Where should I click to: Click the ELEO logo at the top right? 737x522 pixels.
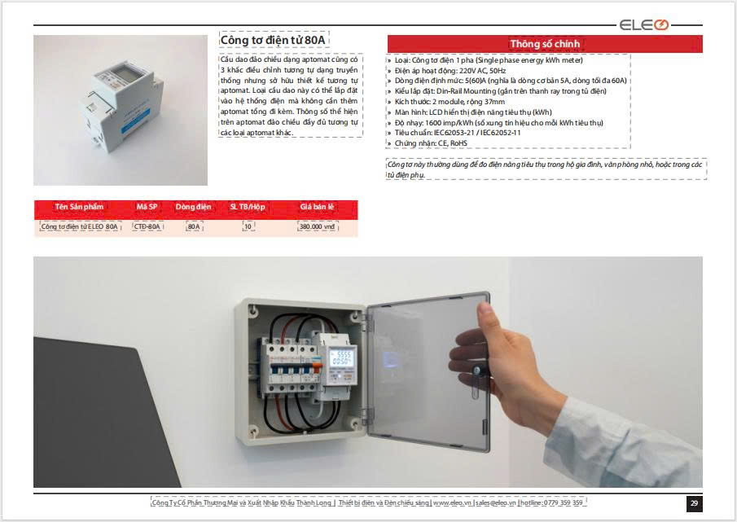pyautogui.click(x=643, y=24)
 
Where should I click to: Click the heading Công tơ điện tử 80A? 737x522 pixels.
pyautogui.click(x=273, y=40)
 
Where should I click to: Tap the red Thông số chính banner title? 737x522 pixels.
pyautogui.click(x=545, y=44)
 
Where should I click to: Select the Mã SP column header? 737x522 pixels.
pyautogui.click(x=147, y=207)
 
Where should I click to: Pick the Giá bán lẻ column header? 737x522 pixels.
pyautogui.click(x=317, y=207)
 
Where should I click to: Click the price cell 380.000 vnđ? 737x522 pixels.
pyautogui.click(x=318, y=226)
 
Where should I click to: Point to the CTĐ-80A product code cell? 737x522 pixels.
pyautogui.click(x=147, y=226)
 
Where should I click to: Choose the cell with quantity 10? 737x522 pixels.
pyautogui.click(x=248, y=226)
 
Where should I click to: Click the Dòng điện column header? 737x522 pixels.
pyautogui.click(x=193, y=207)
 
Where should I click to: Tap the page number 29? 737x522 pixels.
pyautogui.click(x=694, y=502)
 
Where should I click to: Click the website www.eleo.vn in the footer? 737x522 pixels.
pyautogui.click(x=452, y=502)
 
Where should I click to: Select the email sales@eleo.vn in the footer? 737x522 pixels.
pyautogui.click(x=495, y=502)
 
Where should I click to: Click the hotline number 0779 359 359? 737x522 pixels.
pyautogui.click(x=563, y=502)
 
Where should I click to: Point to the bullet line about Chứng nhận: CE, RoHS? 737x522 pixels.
pyautogui.click(x=428, y=143)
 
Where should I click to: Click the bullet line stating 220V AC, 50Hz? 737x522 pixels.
pyautogui.click(x=446, y=71)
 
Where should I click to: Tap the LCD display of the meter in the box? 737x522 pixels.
pyautogui.click(x=341, y=358)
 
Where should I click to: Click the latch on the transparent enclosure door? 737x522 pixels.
pyautogui.click(x=476, y=380)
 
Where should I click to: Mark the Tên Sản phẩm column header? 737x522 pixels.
pyautogui.click(x=79, y=207)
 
